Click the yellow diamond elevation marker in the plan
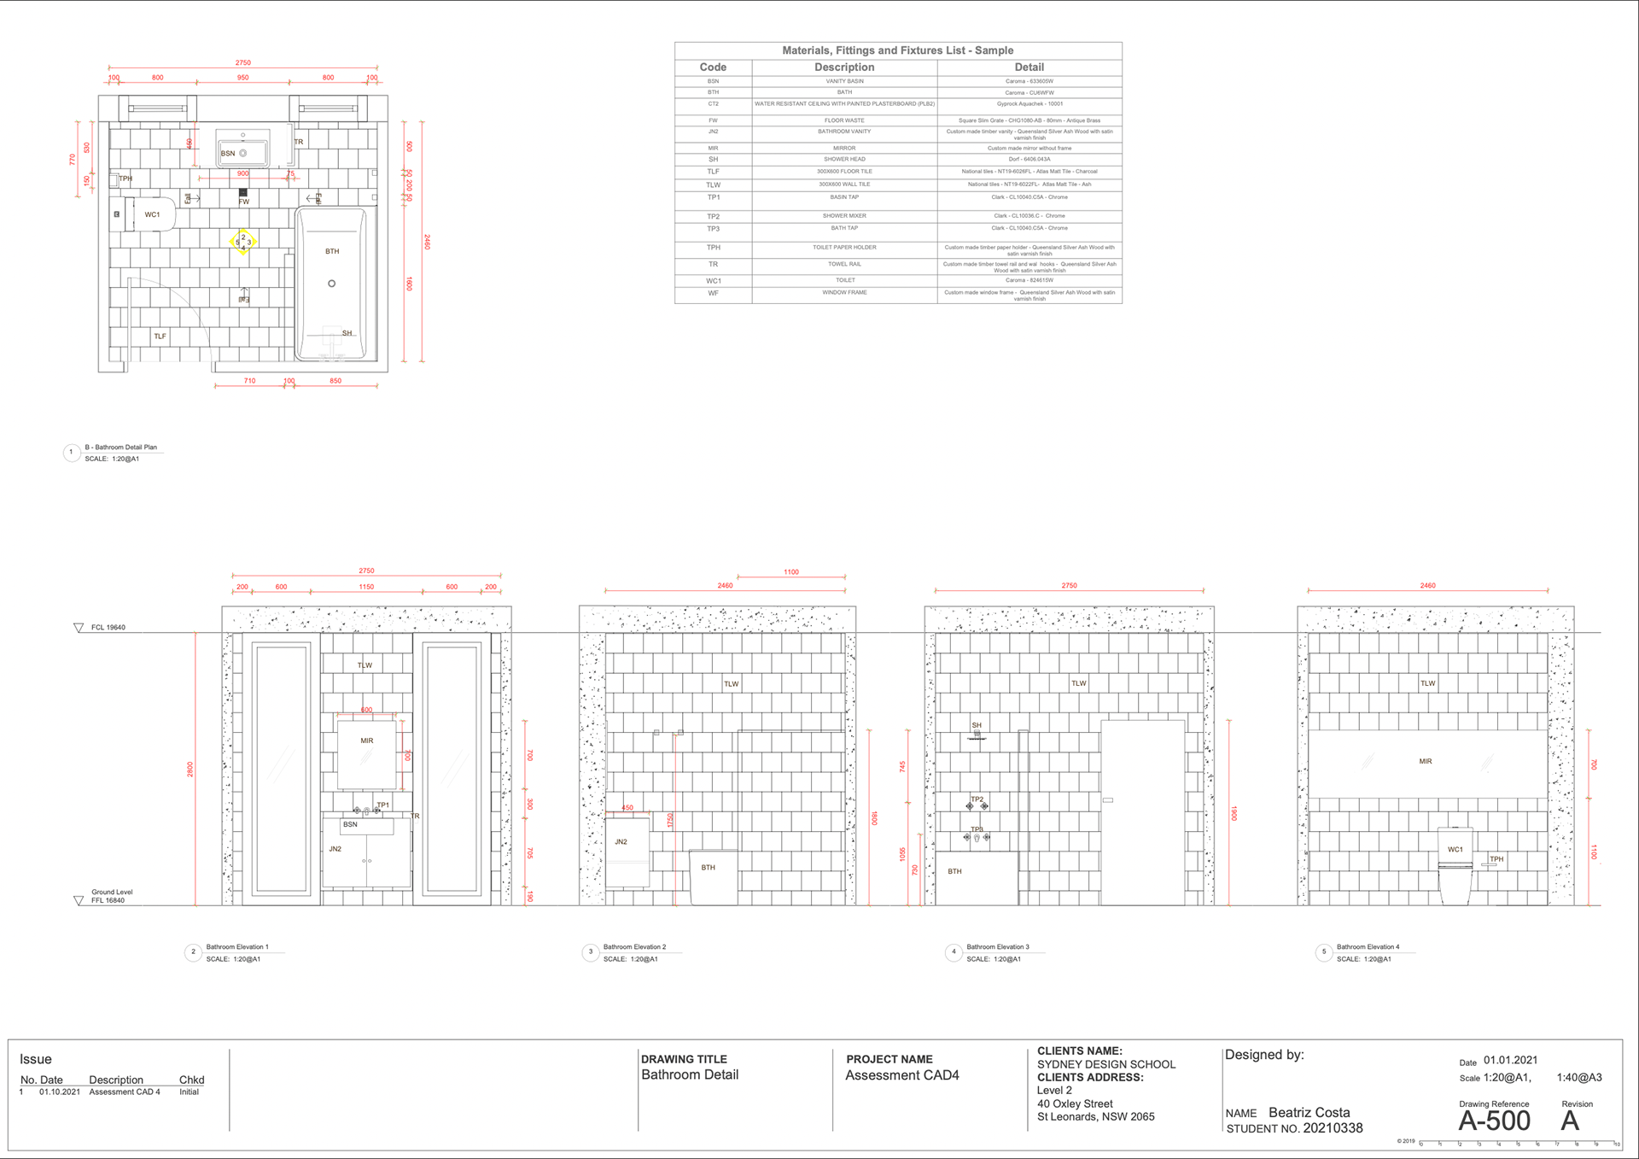[243, 242]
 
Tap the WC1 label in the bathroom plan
[152, 214]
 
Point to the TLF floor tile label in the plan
[160, 337]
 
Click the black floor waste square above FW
[243, 192]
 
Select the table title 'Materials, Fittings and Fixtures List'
[897, 50]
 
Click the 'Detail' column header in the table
[1029, 67]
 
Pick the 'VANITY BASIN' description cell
[844, 81]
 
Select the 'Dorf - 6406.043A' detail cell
[1029, 159]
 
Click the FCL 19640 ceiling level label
[108, 628]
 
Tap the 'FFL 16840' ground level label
[108, 900]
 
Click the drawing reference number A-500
[1494, 1121]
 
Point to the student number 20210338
[1333, 1128]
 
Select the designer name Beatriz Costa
[1309, 1112]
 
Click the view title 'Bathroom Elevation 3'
[997, 947]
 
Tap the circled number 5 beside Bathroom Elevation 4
[1324, 951]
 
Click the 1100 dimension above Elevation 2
[791, 572]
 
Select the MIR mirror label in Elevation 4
[1426, 761]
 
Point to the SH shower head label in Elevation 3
[977, 725]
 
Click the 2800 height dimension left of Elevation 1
[190, 769]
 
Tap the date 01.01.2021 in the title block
[1510, 1060]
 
